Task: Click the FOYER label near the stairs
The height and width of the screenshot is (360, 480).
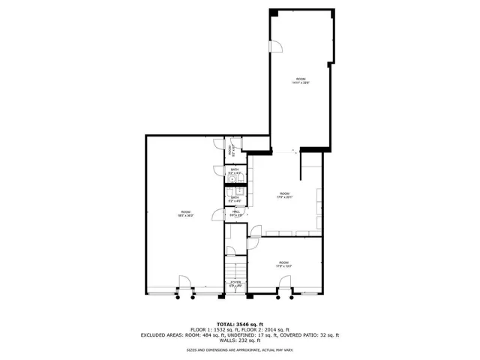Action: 235,283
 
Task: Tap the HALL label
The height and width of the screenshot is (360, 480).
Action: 235,212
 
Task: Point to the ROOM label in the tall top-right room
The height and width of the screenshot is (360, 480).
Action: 300,80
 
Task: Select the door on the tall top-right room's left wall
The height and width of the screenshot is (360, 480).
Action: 275,46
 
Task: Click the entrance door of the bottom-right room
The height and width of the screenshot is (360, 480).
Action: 285,286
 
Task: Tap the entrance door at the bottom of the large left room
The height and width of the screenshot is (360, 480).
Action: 183,286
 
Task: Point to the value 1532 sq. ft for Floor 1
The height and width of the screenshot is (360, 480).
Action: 226,329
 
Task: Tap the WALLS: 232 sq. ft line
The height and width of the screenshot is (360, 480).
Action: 240,341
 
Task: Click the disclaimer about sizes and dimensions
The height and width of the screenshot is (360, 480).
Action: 240,350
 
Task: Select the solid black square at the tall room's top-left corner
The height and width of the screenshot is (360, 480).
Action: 273,13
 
